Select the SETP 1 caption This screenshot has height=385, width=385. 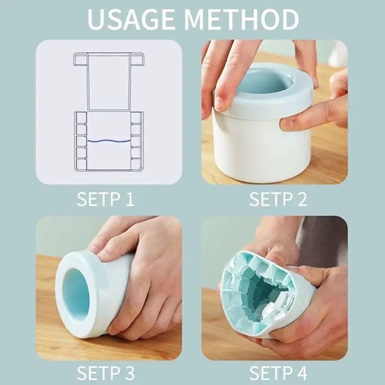pos(105,199)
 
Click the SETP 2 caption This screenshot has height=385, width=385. pos(278,199)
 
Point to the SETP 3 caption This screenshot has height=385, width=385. pos(105,373)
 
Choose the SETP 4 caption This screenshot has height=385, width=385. pos(278,373)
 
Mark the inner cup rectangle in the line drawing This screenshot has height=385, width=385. pos(108,82)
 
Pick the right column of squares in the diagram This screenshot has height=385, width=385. pos(137,141)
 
